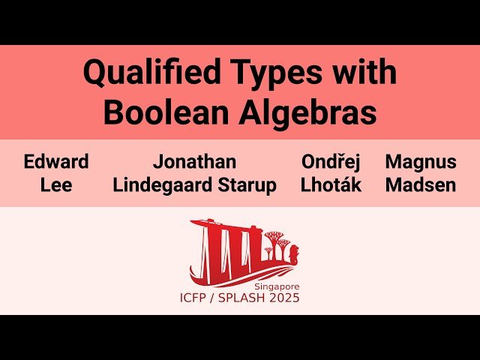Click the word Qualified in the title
pos(140,74)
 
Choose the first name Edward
pos(56,161)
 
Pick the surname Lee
pos(56,184)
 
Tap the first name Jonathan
pos(195,161)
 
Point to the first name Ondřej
pos(331,161)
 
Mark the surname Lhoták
pos(331,184)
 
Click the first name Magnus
pos(421,161)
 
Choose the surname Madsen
pos(421,184)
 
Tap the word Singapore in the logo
pos(277,287)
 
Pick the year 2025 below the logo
pos(285,298)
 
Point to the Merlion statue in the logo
pos(294,250)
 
